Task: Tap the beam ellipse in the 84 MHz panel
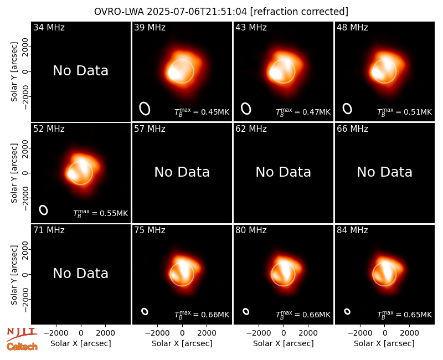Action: pos(347,311)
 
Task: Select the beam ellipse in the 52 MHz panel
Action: pos(44,210)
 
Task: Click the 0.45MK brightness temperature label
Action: pos(202,112)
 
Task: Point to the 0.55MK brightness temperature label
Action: pos(101,213)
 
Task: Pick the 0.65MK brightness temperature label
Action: pos(405,315)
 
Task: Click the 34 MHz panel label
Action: pos(49,27)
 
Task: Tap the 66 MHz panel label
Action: pos(352,129)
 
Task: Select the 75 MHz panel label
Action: pos(150,230)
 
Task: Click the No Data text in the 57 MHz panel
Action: pos(182,172)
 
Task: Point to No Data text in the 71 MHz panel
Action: pos(80,273)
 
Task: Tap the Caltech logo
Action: pos(22,347)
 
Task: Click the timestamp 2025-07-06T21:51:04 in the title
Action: pos(197,12)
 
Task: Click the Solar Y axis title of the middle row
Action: pos(14,173)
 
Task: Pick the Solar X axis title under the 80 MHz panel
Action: pos(284,343)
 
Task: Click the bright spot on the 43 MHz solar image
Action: pos(275,74)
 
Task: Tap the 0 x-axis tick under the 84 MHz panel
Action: pos(384,333)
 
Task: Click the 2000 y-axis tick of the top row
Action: pos(25,47)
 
